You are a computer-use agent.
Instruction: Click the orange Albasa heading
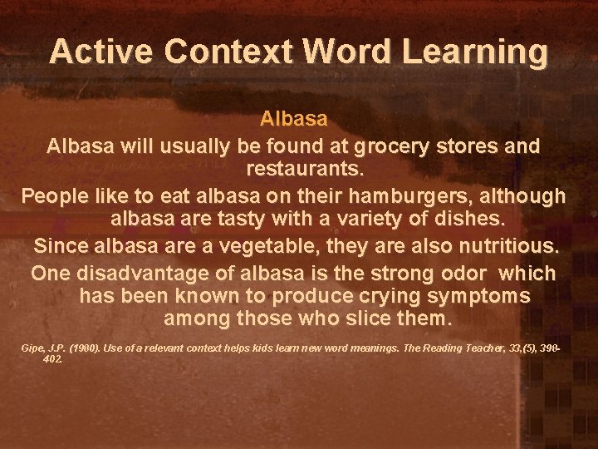click(293, 118)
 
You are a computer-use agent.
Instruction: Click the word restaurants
click(305, 170)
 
